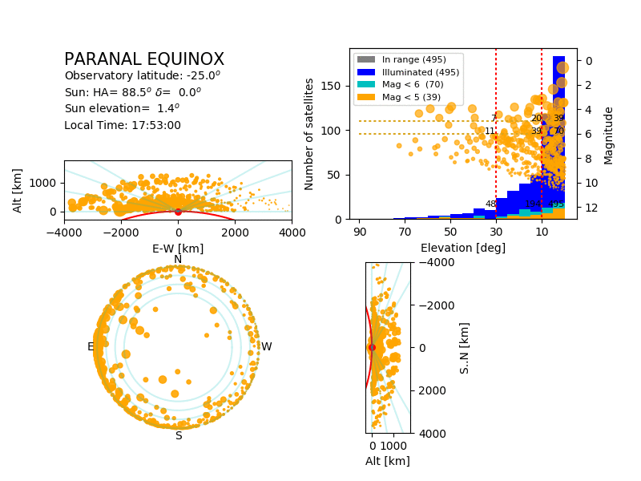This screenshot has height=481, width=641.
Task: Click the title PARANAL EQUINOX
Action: tap(144, 60)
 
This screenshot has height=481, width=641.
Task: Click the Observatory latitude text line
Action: tap(142, 76)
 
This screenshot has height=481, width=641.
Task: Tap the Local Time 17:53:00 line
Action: tap(123, 125)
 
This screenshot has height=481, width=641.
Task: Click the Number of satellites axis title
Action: tap(309, 134)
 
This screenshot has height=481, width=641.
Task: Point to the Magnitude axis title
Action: tap(609, 135)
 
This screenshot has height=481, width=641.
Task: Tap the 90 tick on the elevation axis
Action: tap(360, 232)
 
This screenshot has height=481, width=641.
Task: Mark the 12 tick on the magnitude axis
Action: tap(587, 208)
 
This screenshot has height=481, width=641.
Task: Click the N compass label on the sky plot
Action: tap(178, 259)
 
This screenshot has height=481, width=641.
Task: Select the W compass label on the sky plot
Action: tap(266, 347)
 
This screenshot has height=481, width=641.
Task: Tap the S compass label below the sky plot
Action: tap(179, 435)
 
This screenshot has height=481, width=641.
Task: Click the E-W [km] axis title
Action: tap(178, 249)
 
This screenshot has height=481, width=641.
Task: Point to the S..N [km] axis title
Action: tap(465, 347)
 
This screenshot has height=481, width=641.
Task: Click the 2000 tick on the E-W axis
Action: tap(235, 232)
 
